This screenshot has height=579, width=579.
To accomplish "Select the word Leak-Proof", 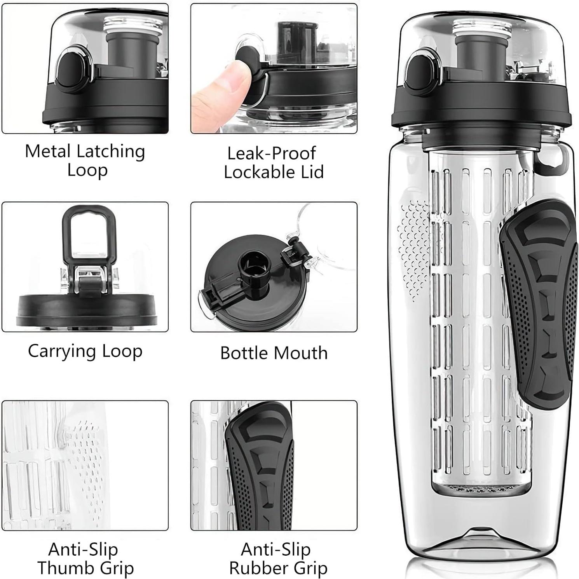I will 271,153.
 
